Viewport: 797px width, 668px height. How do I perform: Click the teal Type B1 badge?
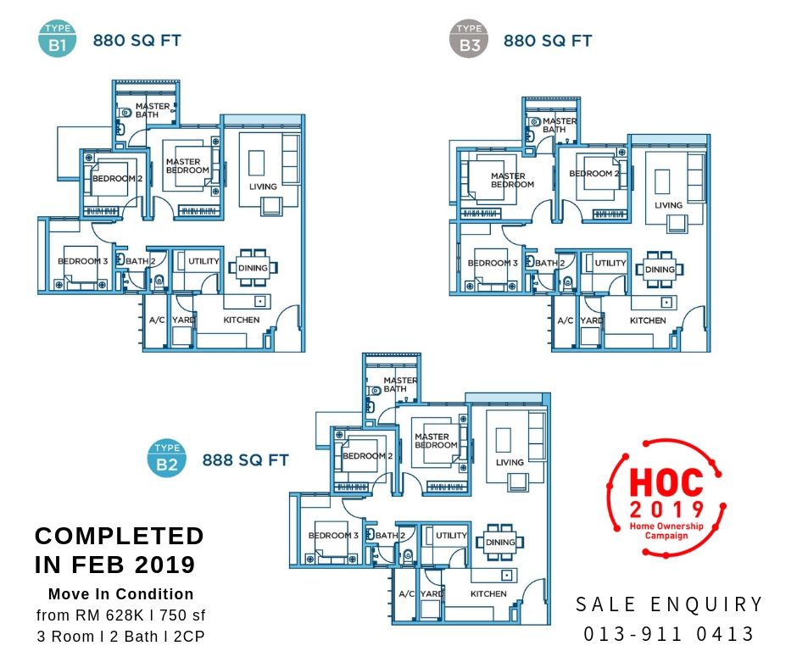(58, 38)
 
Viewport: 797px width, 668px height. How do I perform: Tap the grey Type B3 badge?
(469, 39)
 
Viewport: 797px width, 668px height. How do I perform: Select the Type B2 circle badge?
(167, 458)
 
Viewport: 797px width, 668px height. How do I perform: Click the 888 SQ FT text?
(246, 460)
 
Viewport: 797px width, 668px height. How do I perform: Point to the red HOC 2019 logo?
(666, 498)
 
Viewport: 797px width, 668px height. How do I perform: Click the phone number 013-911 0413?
(668, 634)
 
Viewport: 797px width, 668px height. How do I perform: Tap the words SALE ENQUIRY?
(669, 604)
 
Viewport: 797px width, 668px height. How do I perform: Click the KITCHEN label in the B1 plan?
(242, 320)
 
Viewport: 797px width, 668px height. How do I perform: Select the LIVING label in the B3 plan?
(668, 205)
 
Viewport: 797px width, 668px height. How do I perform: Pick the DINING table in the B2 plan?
(500, 542)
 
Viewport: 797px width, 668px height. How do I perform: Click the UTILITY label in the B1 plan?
(203, 261)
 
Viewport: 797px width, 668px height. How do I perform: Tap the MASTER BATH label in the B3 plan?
(559, 125)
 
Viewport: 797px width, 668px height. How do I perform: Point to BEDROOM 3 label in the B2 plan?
(333, 535)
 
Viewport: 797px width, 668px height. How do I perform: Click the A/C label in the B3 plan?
(566, 320)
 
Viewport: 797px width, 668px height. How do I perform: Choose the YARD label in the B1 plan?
(183, 320)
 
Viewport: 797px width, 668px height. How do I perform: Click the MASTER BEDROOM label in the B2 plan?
(436, 441)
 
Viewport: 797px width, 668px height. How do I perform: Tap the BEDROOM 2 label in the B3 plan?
(594, 173)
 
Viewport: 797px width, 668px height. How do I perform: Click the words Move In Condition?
(121, 593)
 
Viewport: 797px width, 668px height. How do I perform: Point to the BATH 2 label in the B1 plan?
(140, 261)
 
